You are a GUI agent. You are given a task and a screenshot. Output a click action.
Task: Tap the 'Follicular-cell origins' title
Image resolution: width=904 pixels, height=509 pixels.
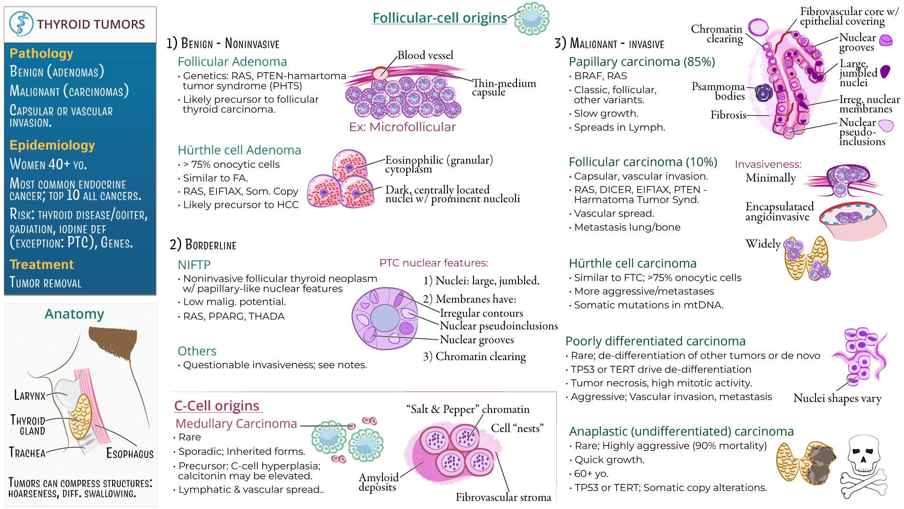[439, 18]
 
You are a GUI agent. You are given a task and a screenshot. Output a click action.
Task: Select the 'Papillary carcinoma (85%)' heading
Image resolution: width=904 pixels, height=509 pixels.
[641, 62]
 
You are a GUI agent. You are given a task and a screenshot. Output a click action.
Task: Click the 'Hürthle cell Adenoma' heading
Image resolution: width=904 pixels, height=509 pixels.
[239, 150]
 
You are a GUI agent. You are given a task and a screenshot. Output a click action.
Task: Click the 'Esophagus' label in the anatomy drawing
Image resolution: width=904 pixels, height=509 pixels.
[129, 453]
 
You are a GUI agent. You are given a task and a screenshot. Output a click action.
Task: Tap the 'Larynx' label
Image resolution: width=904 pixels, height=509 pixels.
[30, 395]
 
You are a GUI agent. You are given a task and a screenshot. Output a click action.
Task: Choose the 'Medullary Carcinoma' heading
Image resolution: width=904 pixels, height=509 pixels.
[236, 424]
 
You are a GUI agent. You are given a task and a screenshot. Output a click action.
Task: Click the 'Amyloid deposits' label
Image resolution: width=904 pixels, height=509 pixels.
[378, 482]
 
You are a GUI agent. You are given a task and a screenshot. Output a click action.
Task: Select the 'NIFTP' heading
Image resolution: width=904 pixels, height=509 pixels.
[194, 265]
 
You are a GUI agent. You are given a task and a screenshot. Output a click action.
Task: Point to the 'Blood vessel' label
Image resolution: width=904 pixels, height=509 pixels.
[425, 56]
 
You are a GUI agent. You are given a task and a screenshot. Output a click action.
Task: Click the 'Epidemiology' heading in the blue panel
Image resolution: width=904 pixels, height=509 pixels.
[52, 145]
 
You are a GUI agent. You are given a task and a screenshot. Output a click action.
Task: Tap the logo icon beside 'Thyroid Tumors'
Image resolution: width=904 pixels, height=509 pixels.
[21, 24]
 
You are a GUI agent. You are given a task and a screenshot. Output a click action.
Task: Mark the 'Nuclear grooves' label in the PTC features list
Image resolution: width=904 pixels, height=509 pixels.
[476, 340]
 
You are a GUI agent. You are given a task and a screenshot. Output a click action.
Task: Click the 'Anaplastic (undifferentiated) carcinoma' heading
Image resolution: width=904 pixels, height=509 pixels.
[681, 431]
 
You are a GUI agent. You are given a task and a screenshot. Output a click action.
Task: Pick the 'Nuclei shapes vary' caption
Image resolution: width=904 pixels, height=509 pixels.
[837, 398]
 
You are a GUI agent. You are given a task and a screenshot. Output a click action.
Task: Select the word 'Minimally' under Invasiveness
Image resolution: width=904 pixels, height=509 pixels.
[770, 178]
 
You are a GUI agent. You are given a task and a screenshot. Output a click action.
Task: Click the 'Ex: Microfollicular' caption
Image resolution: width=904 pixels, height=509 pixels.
[402, 127]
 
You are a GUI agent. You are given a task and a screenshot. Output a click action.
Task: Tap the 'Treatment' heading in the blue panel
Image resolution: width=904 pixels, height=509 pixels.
[41, 264]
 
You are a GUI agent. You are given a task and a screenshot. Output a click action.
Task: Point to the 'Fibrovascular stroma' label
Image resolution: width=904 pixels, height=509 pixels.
[503, 497]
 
